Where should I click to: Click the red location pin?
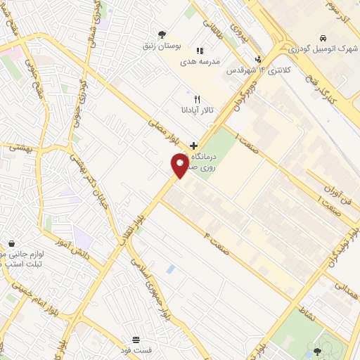(x=180, y=165)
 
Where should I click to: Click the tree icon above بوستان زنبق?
(x=162, y=33)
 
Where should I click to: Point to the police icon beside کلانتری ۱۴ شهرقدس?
(x=259, y=59)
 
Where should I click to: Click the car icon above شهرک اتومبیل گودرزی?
(x=322, y=37)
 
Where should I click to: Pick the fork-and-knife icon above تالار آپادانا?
(x=198, y=99)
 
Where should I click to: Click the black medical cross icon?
(x=193, y=145)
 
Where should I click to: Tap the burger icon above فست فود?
(x=135, y=340)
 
